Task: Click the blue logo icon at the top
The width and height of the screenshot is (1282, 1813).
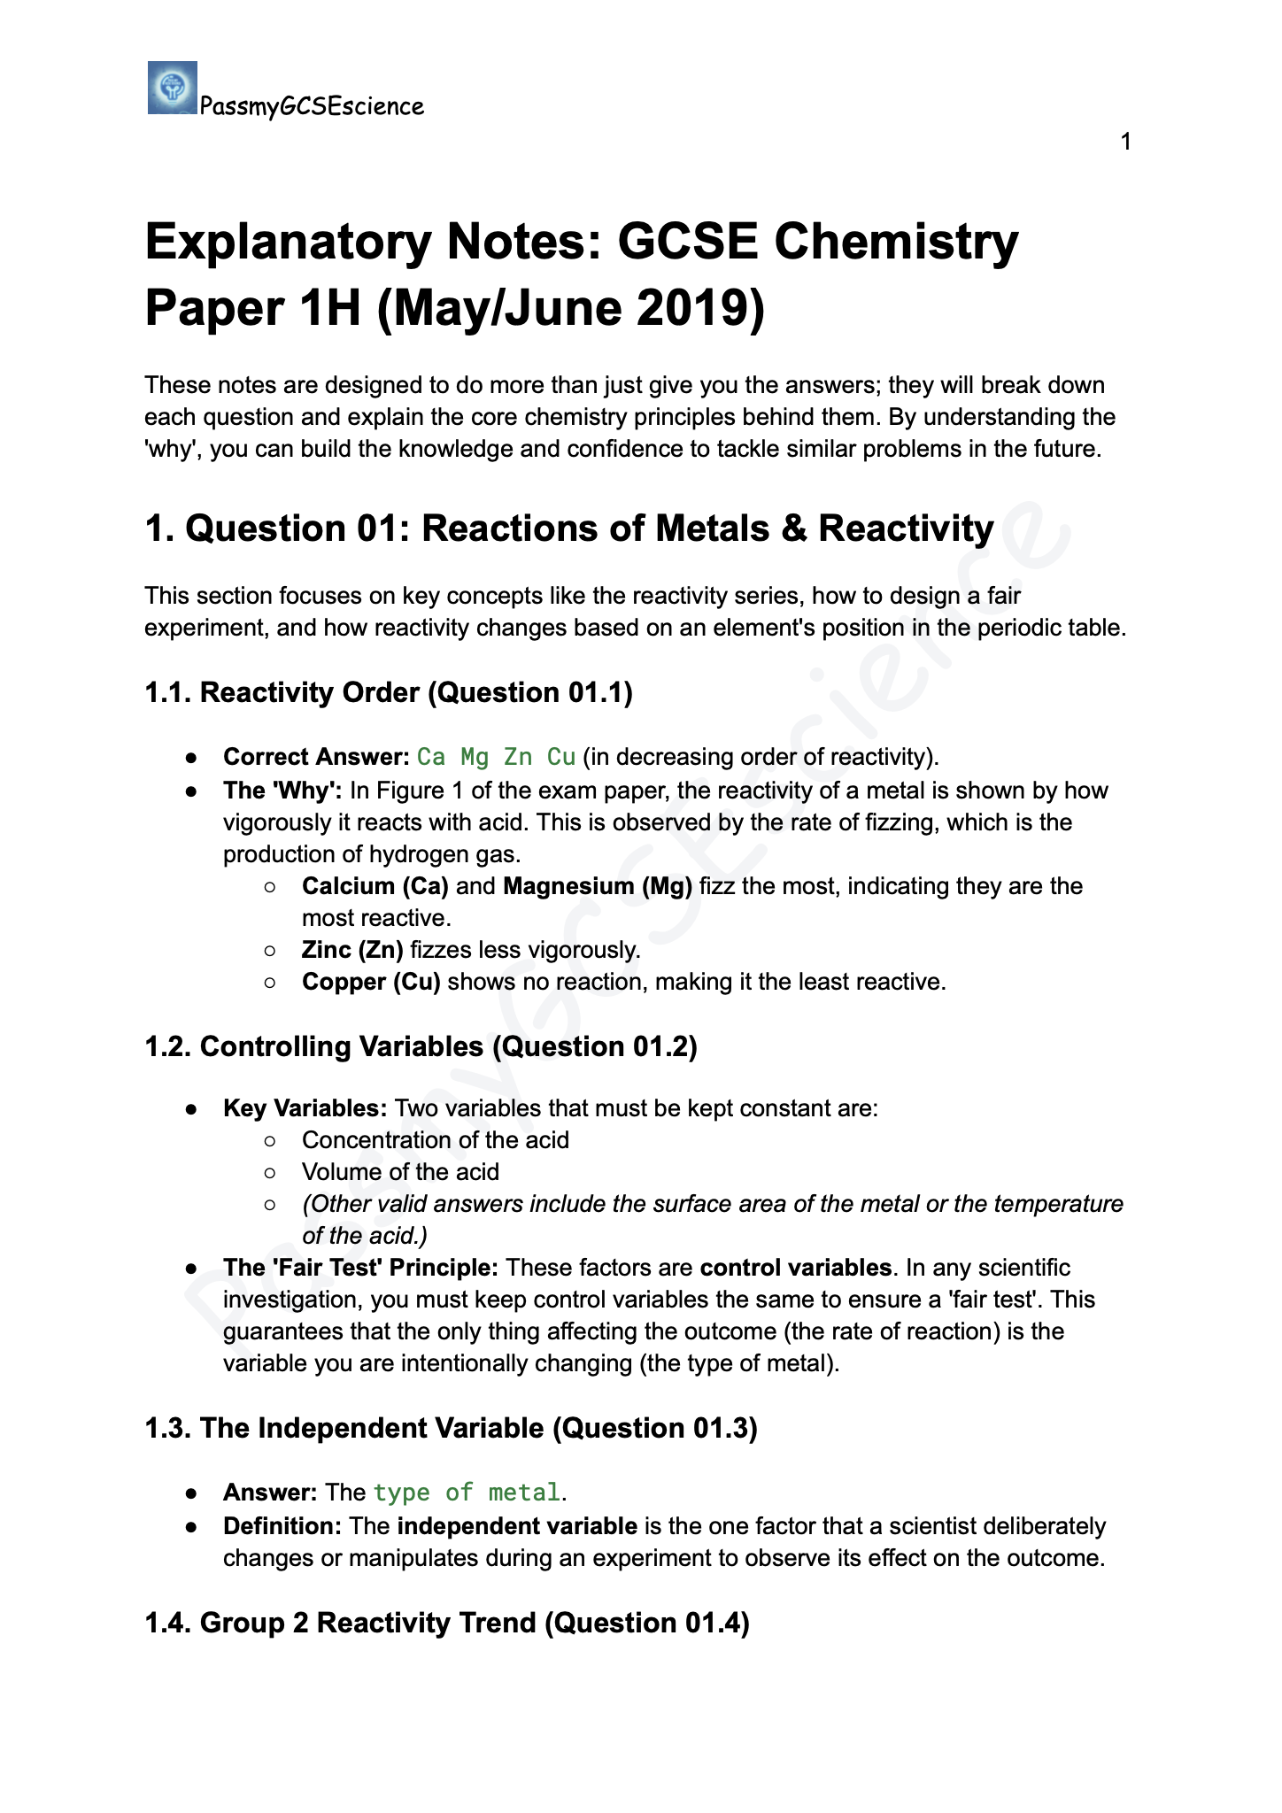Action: [172, 88]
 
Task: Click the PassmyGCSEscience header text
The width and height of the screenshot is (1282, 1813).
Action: [312, 107]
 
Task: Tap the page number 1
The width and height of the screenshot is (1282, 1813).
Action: [1125, 142]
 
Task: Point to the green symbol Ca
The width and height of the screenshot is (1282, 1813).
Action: [431, 757]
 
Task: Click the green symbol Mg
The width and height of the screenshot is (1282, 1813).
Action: [475, 757]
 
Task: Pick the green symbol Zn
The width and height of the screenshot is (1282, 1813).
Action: [518, 757]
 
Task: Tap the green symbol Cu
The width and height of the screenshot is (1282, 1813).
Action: [561, 757]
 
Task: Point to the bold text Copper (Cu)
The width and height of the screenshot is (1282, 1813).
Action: [371, 982]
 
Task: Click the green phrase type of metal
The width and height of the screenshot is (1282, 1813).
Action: [467, 1493]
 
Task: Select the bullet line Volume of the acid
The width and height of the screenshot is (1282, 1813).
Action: [400, 1172]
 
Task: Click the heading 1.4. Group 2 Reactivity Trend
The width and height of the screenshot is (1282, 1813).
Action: [447, 1623]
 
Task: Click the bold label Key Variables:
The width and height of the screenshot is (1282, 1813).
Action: [305, 1108]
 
